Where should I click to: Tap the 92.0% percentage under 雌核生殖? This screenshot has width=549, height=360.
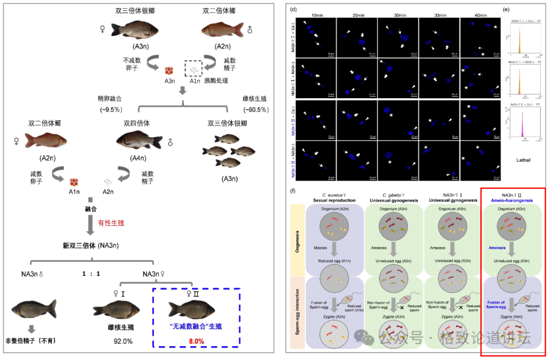(124, 341)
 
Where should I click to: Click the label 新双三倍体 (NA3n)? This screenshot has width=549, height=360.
(91, 246)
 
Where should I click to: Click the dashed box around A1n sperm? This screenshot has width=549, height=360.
(193, 68)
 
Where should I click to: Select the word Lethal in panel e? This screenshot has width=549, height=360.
(523, 160)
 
